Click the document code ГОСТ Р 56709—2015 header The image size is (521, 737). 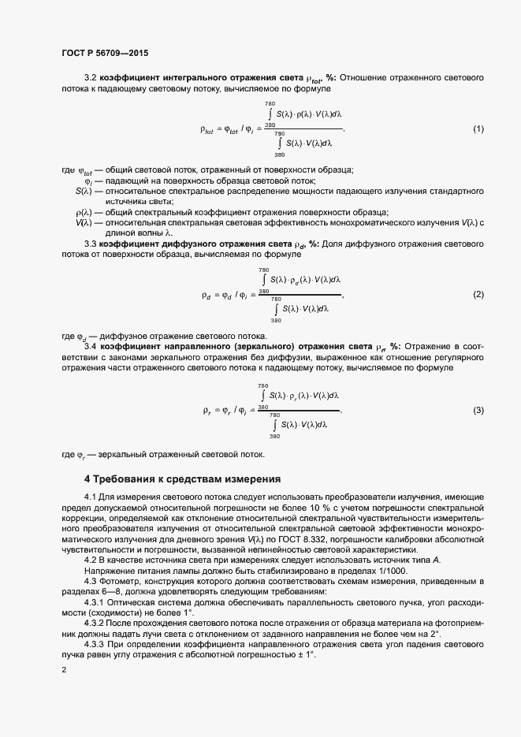point(104,53)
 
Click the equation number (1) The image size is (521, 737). point(478,128)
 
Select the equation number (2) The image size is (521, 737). point(478,295)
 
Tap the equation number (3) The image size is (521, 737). point(478,411)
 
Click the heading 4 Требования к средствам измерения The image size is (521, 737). point(182,478)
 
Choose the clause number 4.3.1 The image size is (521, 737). point(94,601)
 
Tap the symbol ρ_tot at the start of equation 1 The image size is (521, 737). point(208,129)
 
